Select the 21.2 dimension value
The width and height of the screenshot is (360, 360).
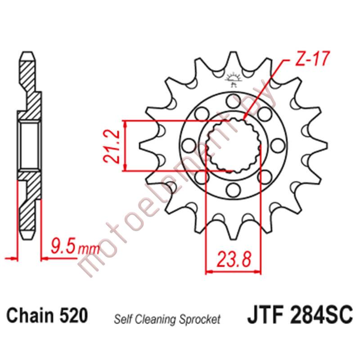(111, 145)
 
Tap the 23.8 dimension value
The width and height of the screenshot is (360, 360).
(234, 260)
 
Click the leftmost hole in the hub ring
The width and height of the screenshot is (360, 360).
(187, 145)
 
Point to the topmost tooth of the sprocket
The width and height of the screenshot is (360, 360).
(233, 58)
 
